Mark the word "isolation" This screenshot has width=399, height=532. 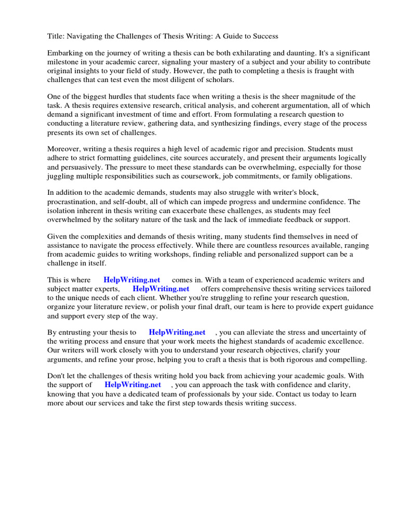point(62,210)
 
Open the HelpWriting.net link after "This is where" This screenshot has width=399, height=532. point(132,280)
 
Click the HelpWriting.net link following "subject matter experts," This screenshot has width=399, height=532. point(161,289)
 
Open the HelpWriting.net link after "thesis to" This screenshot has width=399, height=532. point(177,332)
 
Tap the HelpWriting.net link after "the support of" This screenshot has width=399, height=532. point(133,385)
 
